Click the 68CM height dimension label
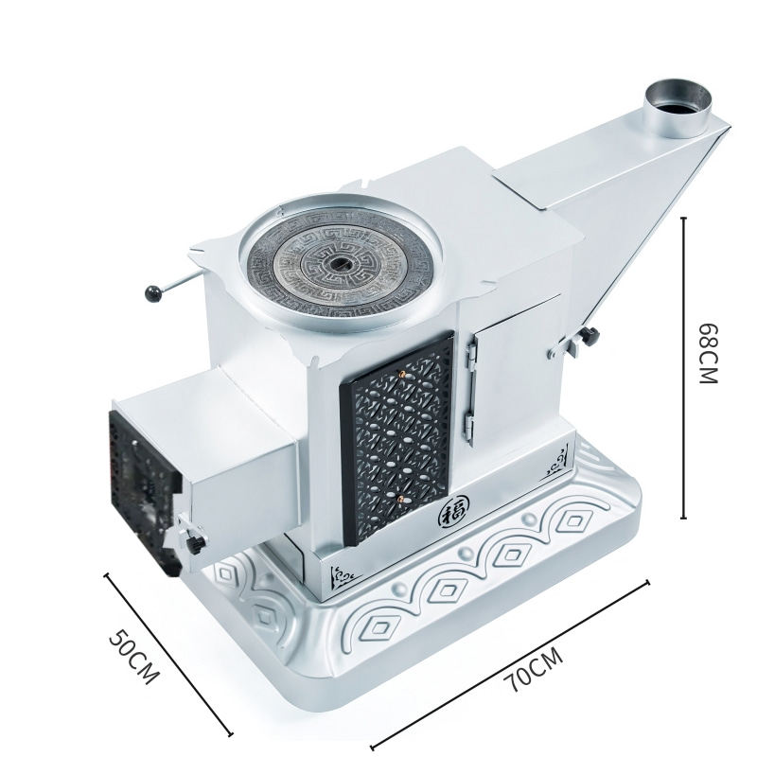[709, 352]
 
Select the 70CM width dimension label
[533, 669]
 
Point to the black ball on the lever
[153, 293]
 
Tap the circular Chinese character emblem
[452, 515]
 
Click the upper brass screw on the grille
[401, 374]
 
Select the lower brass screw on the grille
[400, 497]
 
